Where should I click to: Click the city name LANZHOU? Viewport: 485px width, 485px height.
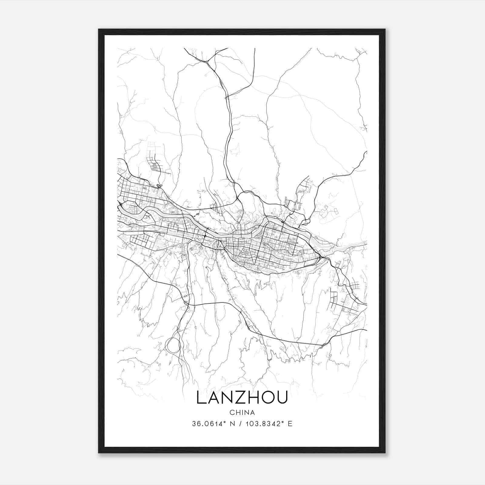pyautogui.click(x=242, y=397)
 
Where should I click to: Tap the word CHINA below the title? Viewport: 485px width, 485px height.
pyautogui.click(x=242, y=413)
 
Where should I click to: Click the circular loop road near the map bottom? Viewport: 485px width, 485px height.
pyautogui.click(x=173, y=345)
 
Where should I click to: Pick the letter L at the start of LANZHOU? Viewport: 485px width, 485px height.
pyautogui.click(x=201, y=397)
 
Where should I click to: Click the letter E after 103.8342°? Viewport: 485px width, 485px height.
pyautogui.click(x=290, y=424)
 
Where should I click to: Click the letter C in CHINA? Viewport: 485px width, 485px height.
pyautogui.click(x=232, y=413)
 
